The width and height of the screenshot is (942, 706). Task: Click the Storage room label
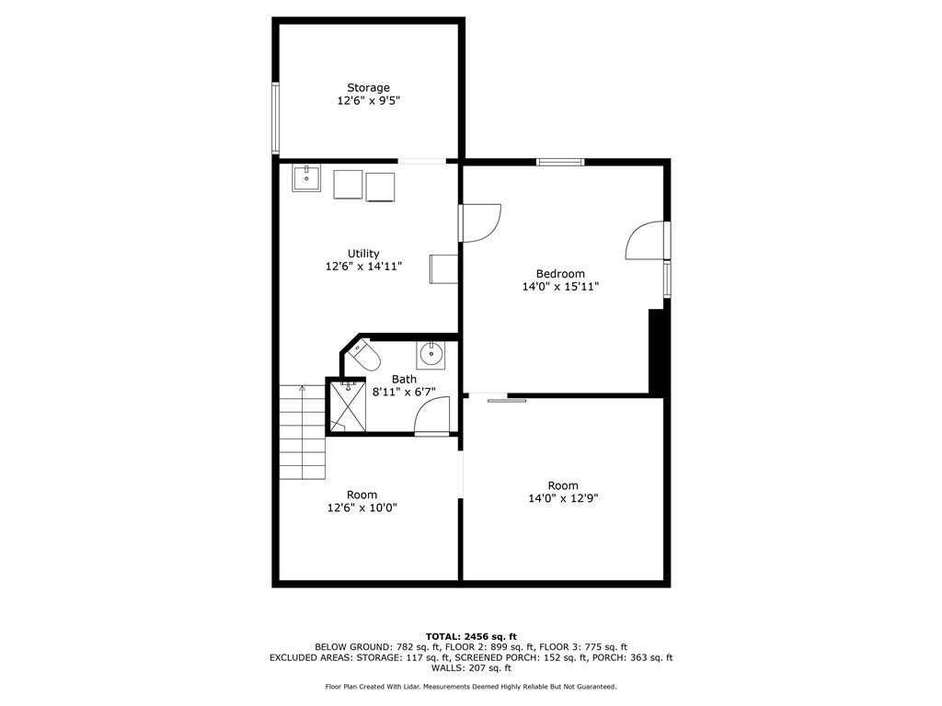pyautogui.click(x=368, y=88)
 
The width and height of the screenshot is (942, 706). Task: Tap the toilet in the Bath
pyautogui.click(x=364, y=356)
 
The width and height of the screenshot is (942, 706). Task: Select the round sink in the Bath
pyautogui.click(x=430, y=352)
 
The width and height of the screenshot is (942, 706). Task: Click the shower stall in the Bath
pyautogui.click(x=347, y=405)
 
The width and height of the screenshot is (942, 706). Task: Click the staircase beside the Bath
pyautogui.click(x=303, y=432)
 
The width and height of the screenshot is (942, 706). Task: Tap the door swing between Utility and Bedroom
pyautogui.click(x=480, y=222)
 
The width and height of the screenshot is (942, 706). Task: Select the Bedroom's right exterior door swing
pyautogui.click(x=646, y=241)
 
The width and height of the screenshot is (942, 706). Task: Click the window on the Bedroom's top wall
pyautogui.click(x=560, y=163)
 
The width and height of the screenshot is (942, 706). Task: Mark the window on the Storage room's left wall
pyautogui.click(x=275, y=118)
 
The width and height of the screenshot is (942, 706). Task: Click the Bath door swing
pyautogui.click(x=431, y=416)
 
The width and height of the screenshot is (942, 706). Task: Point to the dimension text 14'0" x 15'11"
pyautogui.click(x=560, y=287)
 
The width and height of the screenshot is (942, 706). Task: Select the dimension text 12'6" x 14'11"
pyautogui.click(x=363, y=267)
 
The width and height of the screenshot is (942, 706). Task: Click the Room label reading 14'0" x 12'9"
pyautogui.click(x=562, y=485)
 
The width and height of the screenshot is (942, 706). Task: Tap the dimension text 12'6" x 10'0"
pyautogui.click(x=362, y=507)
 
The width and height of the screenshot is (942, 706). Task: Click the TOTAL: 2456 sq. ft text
pyautogui.click(x=471, y=636)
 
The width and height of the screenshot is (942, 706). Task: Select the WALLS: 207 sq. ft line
pyautogui.click(x=471, y=668)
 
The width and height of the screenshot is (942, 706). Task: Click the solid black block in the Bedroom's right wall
pyautogui.click(x=656, y=352)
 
